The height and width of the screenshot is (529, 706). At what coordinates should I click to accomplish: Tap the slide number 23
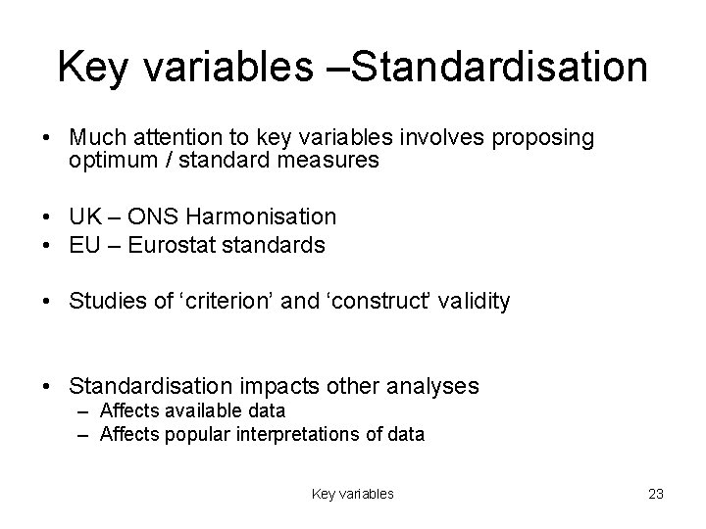tap(656, 494)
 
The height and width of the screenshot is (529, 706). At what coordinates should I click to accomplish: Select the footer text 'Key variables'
tap(353, 494)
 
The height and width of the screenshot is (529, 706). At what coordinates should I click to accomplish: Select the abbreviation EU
tap(84, 244)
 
